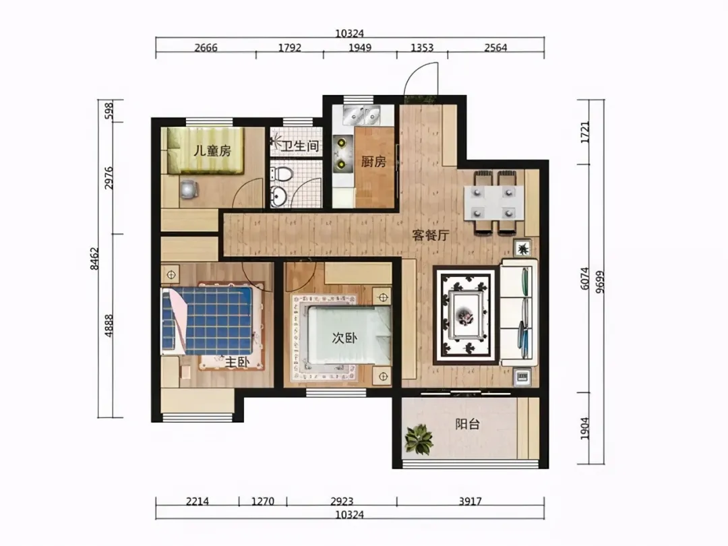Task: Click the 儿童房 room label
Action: click(212, 151)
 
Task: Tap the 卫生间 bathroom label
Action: click(301, 146)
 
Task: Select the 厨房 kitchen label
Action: click(373, 162)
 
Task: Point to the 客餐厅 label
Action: click(430, 235)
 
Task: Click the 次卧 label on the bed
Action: click(344, 338)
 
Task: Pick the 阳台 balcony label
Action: click(467, 424)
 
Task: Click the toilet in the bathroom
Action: click(282, 174)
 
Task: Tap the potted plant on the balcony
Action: click(419, 439)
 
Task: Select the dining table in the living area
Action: click(493, 203)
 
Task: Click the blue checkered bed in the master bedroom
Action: click(207, 320)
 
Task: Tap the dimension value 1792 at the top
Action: click(290, 47)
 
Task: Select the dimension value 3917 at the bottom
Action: click(471, 502)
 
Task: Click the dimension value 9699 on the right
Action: click(601, 282)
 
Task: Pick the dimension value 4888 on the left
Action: click(109, 326)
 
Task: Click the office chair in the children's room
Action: click(189, 189)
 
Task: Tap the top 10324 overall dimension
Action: click(350, 34)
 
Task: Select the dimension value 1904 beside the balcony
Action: click(584, 428)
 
